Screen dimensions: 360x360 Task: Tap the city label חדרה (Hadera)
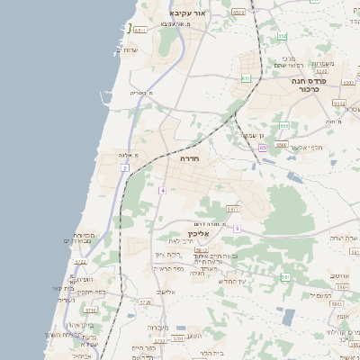[x=189, y=158]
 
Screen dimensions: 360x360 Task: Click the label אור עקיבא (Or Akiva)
[x=188, y=14]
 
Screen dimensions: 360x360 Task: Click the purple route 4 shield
[x=163, y=190]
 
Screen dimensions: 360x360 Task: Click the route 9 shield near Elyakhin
[x=237, y=229]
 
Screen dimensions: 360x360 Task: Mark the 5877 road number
[x=233, y=208]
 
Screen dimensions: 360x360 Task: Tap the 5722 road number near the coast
[x=80, y=262]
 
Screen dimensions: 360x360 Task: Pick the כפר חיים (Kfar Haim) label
[x=144, y=347]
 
